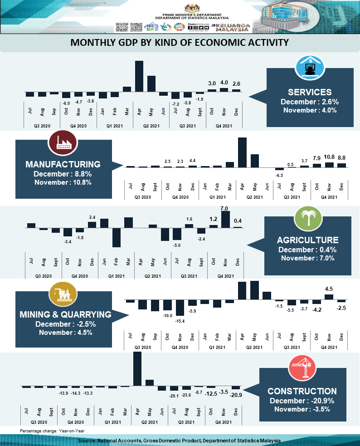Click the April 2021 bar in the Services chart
coord(139,75)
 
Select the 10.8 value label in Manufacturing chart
coord(329,157)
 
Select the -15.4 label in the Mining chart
coord(180,321)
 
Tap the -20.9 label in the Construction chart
coord(236,396)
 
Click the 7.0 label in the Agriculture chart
coord(224,209)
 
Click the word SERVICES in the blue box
coord(310,92)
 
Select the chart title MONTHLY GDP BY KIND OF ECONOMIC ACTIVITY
coord(180,43)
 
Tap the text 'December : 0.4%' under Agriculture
coord(308,250)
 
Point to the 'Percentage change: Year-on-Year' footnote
coord(52,431)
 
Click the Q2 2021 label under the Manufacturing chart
coord(255,197)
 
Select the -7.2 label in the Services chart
coord(175,103)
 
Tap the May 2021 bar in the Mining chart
coord(254,290)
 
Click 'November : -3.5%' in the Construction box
coord(302,409)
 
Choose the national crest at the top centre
coord(190,8)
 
